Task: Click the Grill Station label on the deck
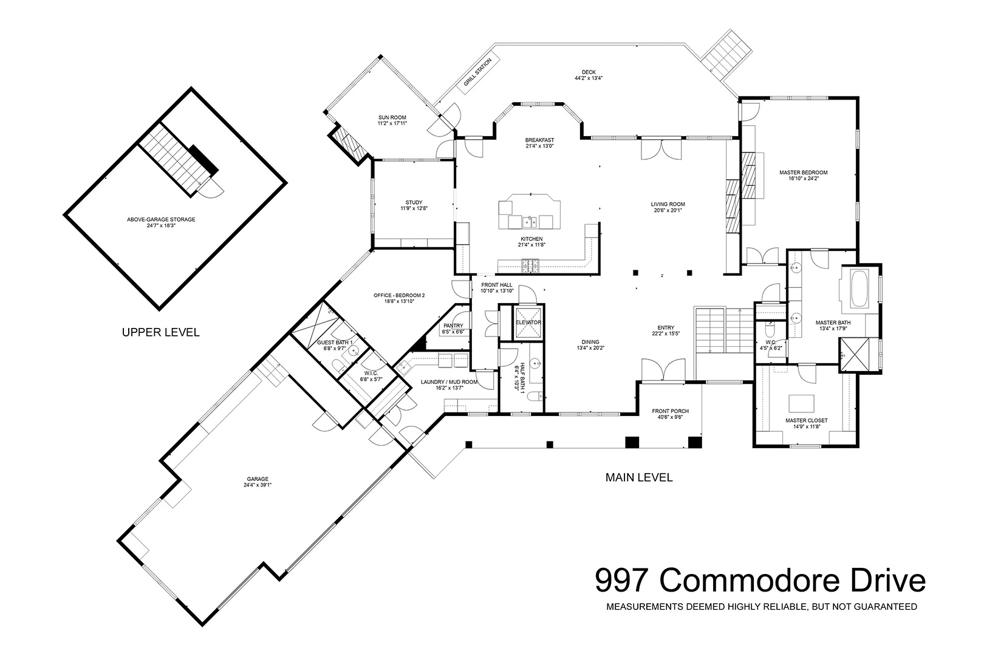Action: coord(477,72)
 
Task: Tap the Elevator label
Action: coord(528,323)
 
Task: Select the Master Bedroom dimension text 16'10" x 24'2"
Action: coord(804,179)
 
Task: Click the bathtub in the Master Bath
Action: coord(859,289)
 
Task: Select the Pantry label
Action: coord(453,326)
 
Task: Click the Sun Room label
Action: coord(392,118)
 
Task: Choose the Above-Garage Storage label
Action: coord(161,220)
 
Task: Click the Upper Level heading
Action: coord(161,333)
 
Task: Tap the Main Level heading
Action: coord(639,477)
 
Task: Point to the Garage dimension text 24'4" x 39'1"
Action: coord(258,485)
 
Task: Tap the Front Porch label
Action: coord(671,411)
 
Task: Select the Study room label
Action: coord(414,203)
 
